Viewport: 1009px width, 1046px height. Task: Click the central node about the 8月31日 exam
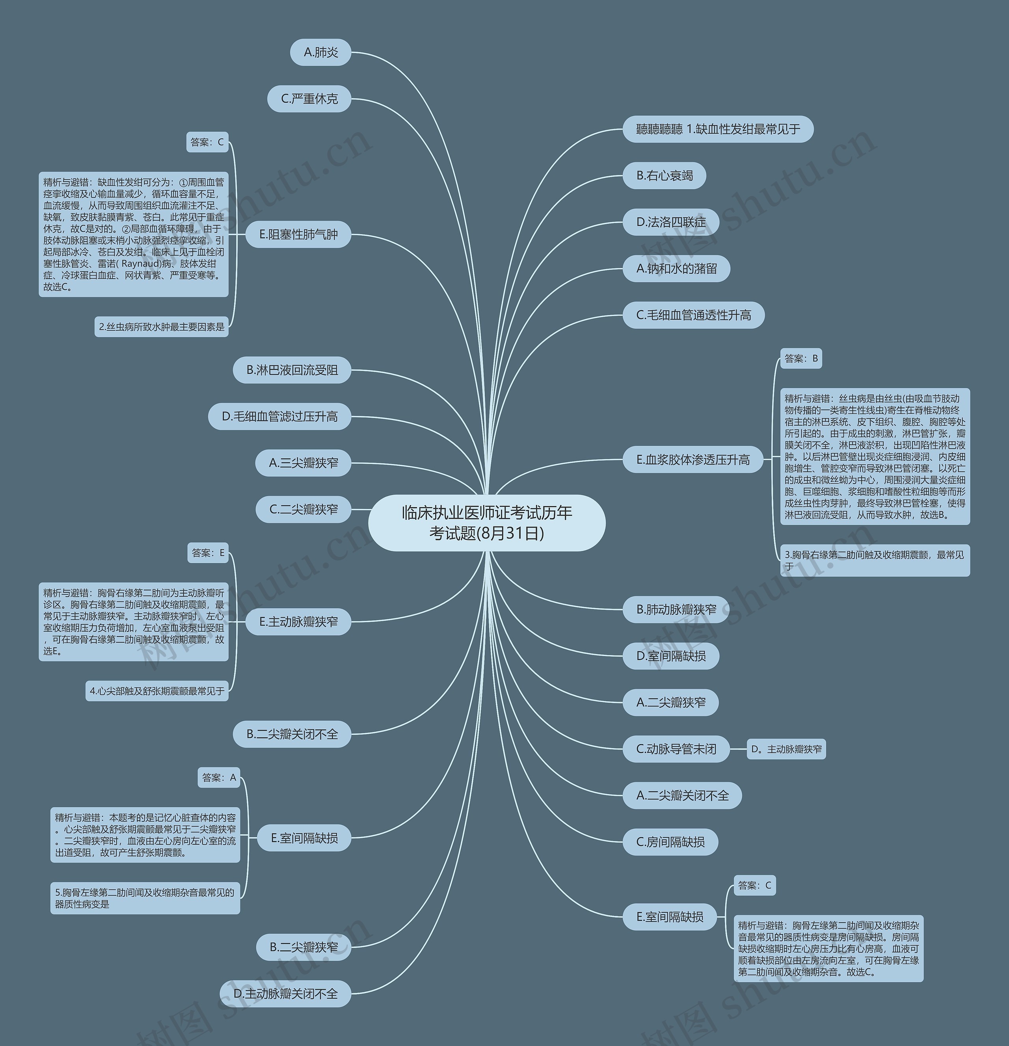(487, 523)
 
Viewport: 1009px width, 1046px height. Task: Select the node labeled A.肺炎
(321, 52)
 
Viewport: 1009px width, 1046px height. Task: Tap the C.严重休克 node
(309, 99)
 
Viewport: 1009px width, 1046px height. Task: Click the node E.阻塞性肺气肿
(298, 234)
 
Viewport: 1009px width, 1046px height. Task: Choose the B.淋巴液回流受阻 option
(292, 370)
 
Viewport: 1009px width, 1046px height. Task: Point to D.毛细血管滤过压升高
(279, 416)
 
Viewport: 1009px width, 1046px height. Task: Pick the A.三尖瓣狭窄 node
(303, 463)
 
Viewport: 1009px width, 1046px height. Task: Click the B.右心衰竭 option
(664, 175)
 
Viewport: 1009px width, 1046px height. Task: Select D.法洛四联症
(671, 222)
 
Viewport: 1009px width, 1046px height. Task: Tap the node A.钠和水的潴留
(676, 268)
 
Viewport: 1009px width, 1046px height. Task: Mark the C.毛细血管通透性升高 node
(694, 315)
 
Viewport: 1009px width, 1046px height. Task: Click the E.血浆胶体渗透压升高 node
(693, 460)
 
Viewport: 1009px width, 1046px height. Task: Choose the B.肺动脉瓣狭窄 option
(676, 609)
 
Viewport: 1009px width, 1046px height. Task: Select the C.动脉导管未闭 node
(676, 749)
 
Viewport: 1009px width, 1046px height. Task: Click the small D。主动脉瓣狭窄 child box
(786, 749)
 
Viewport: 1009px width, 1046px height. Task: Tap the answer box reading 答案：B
(801, 359)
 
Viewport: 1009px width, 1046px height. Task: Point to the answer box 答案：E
(208, 553)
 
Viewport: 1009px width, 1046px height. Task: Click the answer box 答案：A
(219, 778)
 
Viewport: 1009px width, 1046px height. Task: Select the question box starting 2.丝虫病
(162, 327)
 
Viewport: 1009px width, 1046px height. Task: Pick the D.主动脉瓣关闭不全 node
(285, 994)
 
